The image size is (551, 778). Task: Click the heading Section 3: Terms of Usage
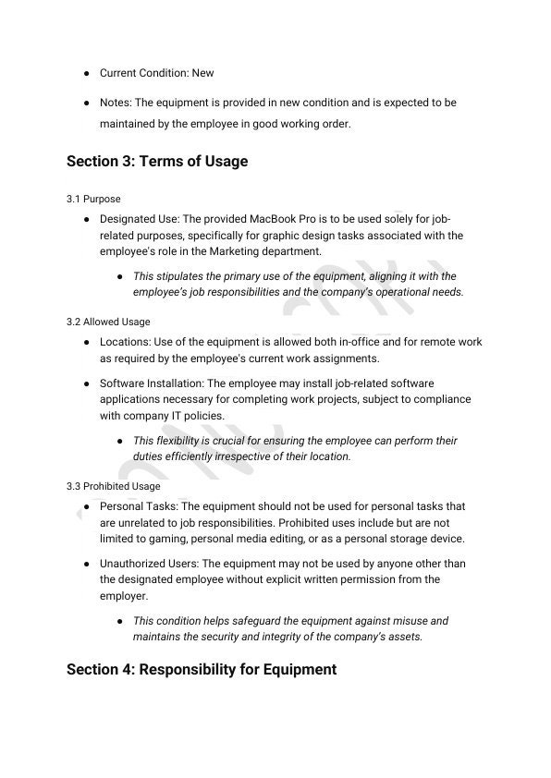[157, 162]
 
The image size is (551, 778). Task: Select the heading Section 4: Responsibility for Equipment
[202, 669]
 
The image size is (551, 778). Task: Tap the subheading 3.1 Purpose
[93, 199]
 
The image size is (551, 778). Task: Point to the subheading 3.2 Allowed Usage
[108, 322]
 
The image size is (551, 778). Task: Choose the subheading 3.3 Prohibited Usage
[114, 486]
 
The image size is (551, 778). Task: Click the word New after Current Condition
[202, 72]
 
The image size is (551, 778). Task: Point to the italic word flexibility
[180, 441]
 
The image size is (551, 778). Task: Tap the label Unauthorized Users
[148, 564]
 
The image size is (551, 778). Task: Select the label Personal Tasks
[140, 506]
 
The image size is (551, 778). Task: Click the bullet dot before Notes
[86, 103]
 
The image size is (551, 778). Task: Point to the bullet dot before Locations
[86, 342]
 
